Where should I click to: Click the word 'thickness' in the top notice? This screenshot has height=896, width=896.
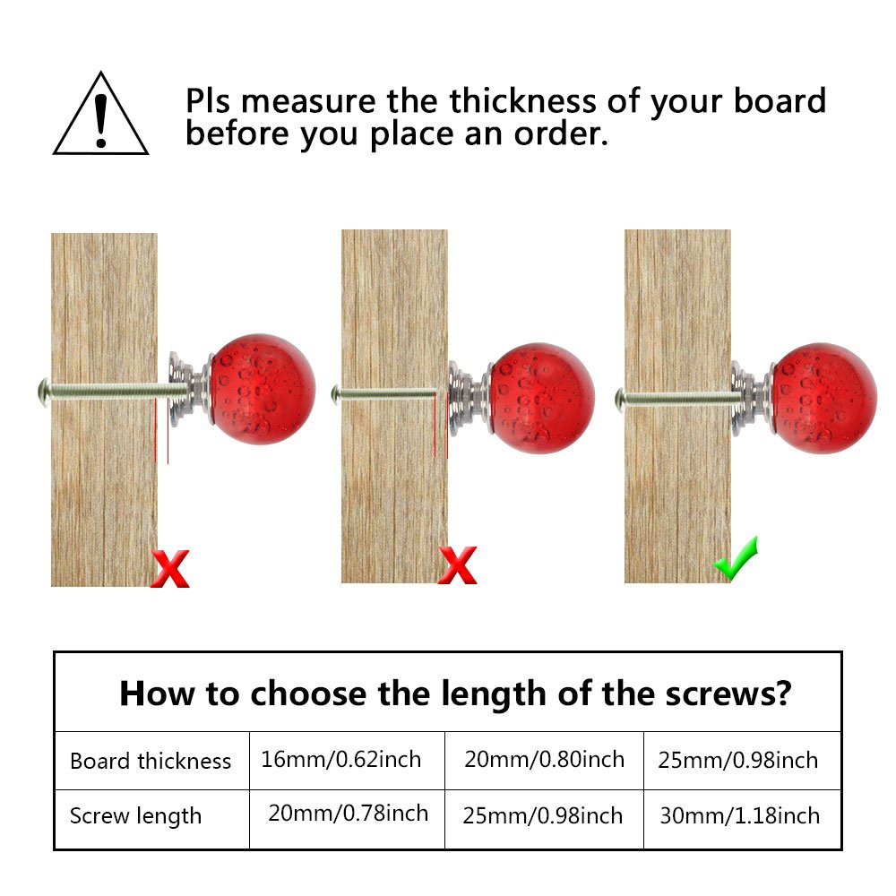[524, 101]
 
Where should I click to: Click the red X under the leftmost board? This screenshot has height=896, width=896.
[170, 569]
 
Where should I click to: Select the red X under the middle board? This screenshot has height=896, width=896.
[457, 567]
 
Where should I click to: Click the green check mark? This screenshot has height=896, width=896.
[737, 559]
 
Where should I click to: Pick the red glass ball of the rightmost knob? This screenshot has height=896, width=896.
[824, 397]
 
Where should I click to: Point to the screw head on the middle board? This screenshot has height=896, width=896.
[336, 392]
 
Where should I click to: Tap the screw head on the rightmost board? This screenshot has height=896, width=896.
[619, 394]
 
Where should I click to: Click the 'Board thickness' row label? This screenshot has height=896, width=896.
[151, 762]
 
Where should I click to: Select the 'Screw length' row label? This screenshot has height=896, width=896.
[135, 816]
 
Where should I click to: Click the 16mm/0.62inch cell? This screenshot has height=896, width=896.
[341, 760]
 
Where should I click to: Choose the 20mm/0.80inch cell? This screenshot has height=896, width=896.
[544, 760]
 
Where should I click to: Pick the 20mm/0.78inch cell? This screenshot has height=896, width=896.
[348, 814]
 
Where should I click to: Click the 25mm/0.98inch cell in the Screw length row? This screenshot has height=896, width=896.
[542, 815]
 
